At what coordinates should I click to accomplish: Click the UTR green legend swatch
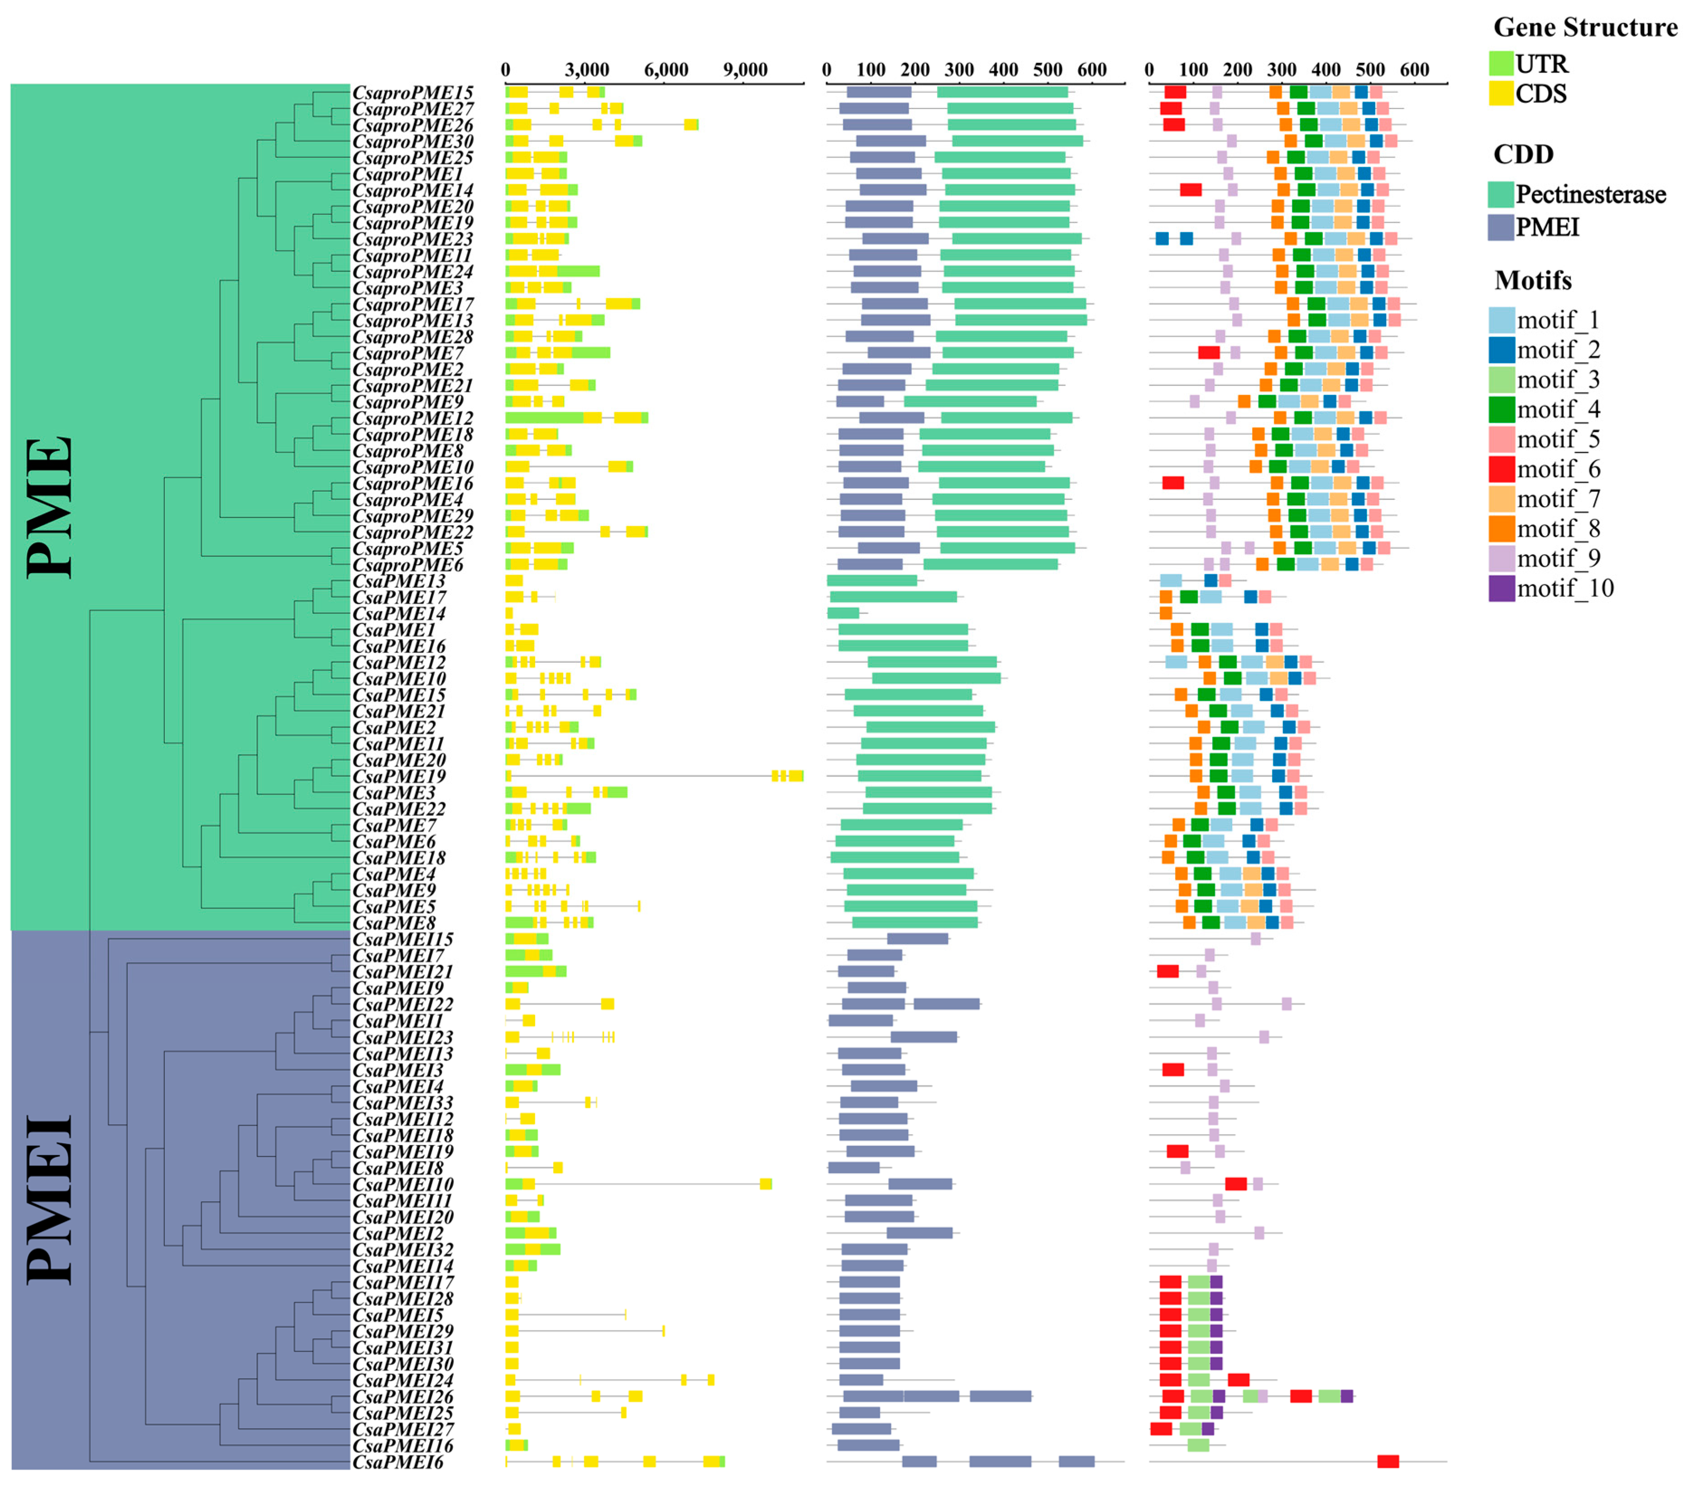(1502, 63)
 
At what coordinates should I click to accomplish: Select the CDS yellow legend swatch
(1502, 93)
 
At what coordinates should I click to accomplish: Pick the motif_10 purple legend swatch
(1502, 588)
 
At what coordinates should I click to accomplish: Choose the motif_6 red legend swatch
(1502, 469)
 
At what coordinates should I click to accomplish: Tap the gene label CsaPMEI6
(398, 1462)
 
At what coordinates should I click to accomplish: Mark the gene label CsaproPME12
(412, 418)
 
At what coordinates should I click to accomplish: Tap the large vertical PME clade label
(49, 507)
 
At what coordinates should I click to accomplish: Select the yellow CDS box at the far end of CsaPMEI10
(766, 1184)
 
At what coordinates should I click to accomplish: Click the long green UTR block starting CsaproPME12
(544, 417)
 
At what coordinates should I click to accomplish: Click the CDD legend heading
(1523, 154)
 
